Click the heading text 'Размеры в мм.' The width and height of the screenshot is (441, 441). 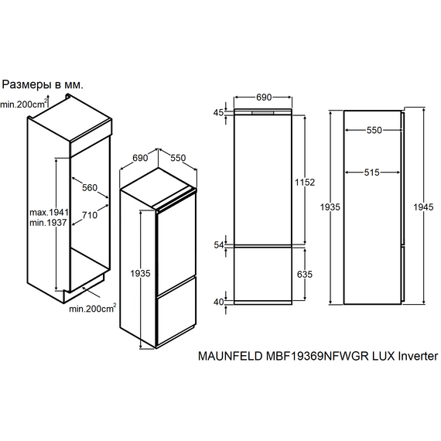[x=43, y=84]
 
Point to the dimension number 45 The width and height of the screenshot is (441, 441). [x=217, y=113]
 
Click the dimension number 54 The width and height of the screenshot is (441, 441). [x=217, y=244]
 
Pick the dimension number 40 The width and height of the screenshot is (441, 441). [x=217, y=302]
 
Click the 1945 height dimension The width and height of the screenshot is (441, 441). [x=423, y=207]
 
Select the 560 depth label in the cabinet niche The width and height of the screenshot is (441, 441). [x=91, y=187]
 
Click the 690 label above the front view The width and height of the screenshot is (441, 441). [x=264, y=98]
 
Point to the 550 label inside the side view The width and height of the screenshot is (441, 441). [x=374, y=131]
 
